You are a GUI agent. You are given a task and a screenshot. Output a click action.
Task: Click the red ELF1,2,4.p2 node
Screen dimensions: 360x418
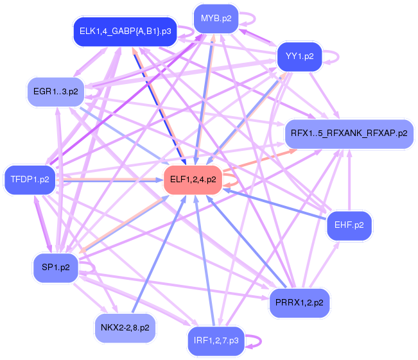tap(193, 179)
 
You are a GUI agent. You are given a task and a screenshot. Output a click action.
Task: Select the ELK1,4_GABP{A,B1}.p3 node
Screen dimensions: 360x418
tap(125, 30)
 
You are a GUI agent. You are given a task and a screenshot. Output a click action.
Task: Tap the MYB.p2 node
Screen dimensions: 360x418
tap(216, 19)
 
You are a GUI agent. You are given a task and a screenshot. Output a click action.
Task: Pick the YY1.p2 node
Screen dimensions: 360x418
tap(299, 56)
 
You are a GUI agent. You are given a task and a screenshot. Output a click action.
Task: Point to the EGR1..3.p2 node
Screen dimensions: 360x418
tap(55, 91)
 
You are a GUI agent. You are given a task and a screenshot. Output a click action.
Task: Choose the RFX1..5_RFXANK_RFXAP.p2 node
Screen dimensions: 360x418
tap(349, 133)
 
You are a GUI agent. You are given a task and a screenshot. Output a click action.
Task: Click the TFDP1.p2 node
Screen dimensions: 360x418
tap(30, 179)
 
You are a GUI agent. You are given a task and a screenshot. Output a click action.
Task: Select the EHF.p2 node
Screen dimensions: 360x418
tap(349, 225)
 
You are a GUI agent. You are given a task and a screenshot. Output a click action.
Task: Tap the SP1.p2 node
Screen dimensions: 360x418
tap(55, 266)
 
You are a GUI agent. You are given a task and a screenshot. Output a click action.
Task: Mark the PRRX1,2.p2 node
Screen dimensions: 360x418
tap(299, 301)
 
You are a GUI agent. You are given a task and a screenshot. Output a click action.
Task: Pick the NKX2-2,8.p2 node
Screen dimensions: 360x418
tap(125, 327)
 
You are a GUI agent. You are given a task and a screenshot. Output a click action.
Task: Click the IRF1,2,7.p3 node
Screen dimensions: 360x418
tap(216, 340)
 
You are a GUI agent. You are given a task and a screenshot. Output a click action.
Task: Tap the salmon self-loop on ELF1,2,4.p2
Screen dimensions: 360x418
tap(234, 179)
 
